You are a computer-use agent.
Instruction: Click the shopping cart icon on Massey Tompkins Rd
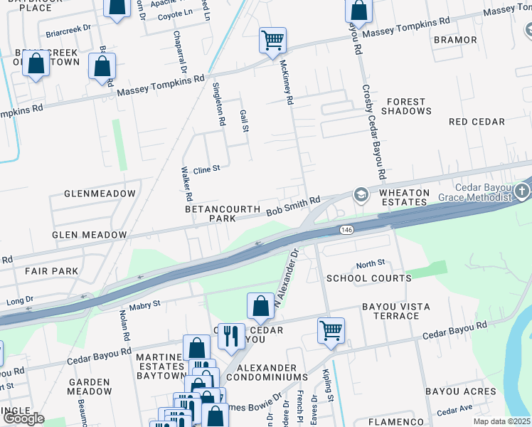(x=272, y=41)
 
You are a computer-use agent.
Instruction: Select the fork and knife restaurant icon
(x=231, y=336)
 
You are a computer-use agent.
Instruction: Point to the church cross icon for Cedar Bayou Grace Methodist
(x=523, y=191)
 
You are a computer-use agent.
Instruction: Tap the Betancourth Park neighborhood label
(x=211, y=214)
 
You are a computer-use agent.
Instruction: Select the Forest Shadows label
(x=406, y=106)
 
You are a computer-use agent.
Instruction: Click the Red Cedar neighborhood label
(x=477, y=122)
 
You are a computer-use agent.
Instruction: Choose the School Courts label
(x=368, y=278)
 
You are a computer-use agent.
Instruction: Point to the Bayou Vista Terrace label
(x=395, y=311)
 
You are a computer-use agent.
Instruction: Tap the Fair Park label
(x=51, y=271)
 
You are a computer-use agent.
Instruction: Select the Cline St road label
(x=207, y=169)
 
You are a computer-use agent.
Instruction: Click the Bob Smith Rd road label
(x=294, y=208)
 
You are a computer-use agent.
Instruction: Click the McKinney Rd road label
(x=287, y=82)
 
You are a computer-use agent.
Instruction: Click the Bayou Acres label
(x=461, y=391)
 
